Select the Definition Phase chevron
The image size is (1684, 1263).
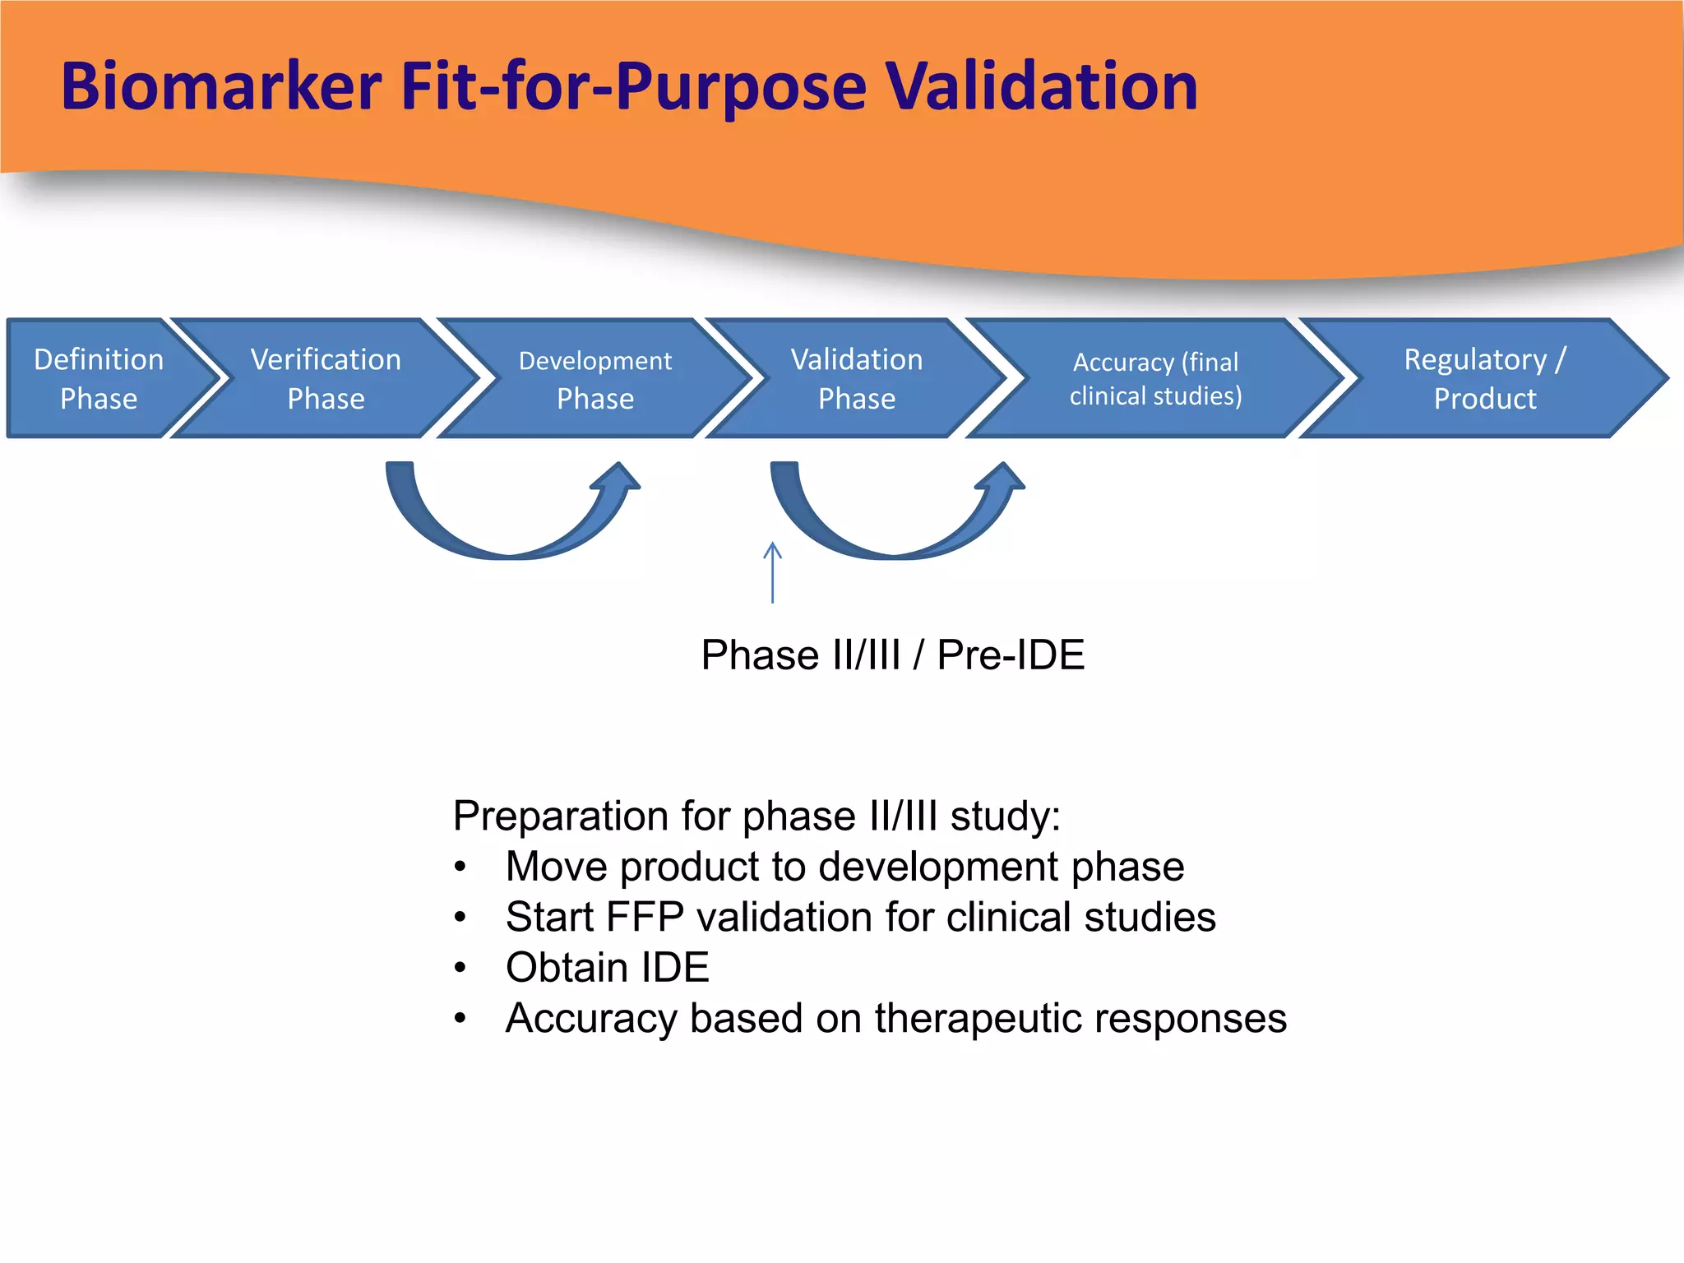point(99,378)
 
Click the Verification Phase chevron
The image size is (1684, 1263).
point(326,378)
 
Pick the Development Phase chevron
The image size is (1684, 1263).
point(594,378)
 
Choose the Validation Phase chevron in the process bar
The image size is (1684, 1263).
point(856,378)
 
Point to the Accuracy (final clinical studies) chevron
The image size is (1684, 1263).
point(1155,378)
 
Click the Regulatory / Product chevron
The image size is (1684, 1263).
point(1484,378)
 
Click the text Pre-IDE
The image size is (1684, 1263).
point(1011,655)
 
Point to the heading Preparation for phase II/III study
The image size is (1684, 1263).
point(756,816)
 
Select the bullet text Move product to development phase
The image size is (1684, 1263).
point(844,867)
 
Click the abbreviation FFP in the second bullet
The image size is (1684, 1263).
point(644,917)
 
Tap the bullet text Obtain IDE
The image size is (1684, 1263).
point(607,968)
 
